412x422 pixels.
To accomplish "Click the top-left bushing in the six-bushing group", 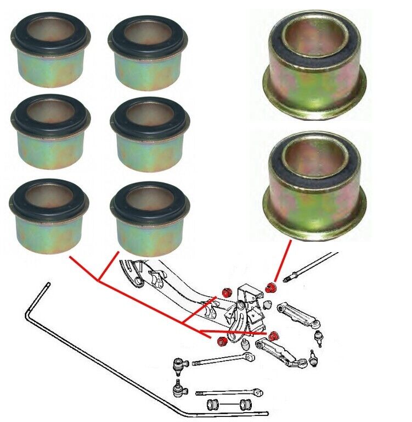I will (50, 52).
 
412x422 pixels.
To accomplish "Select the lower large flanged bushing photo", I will (315, 184).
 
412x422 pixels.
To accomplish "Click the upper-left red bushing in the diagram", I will (225, 291).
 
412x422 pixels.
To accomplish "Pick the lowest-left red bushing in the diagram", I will (222, 342).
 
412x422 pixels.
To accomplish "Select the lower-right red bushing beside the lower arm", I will (274, 335).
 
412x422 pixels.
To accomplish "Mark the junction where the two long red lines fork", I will (99, 281).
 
